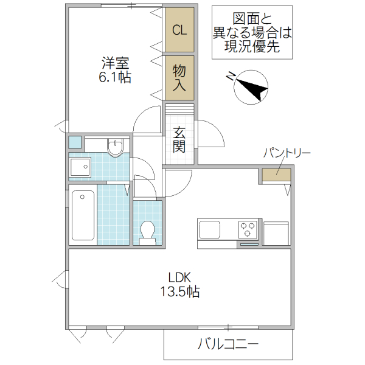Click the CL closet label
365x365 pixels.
(x=179, y=30)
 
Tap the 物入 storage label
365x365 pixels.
(x=179, y=78)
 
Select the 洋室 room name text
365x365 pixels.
(x=116, y=63)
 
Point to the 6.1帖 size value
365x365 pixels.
(x=116, y=78)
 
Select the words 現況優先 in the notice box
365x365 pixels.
(x=251, y=47)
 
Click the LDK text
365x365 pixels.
(x=180, y=277)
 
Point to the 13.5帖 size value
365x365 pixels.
(x=180, y=292)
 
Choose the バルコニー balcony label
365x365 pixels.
(x=228, y=344)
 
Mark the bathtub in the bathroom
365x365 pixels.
(x=83, y=215)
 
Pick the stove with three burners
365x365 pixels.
(x=248, y=230)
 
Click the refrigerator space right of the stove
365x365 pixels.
(x=276, y=233)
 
